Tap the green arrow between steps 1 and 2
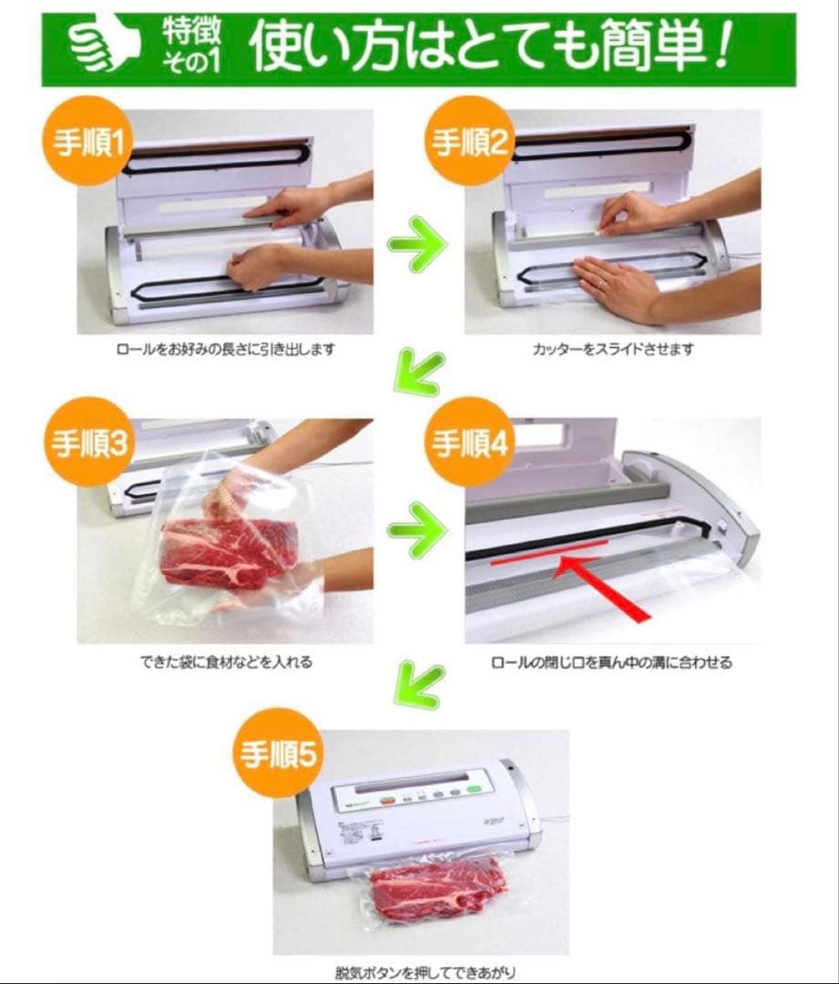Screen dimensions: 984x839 pyautogui.click(x=418, y=243)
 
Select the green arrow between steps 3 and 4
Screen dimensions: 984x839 pyautogui.click(x=418, y=531)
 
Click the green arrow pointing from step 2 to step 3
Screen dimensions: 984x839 pyautogui.click(x=418, y=373)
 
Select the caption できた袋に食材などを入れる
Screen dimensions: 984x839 pyautogui.click(x=223, y=662)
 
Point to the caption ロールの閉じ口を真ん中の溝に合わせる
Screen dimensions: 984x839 pyautogui.click(x=611, y=662)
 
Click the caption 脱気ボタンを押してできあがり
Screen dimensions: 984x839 pyautogui.click(x=419, y=972)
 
